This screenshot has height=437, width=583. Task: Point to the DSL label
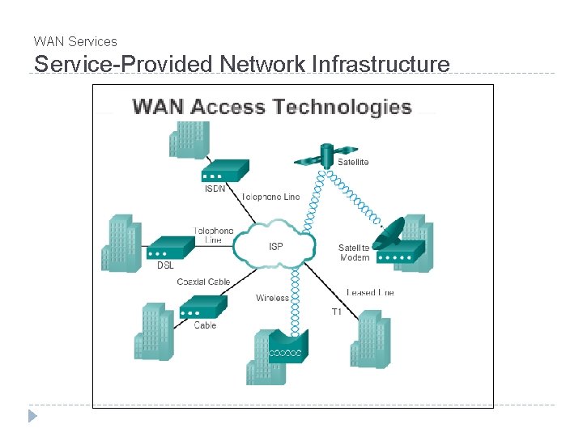pyautogui.click(x=165, y=265)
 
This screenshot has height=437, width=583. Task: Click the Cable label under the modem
pyautogui.click(x=205, y=325)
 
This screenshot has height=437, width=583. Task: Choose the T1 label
pyautogui.click(x=337, y=312)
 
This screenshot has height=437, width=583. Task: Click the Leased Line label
pyautogui.click(x=370, y=292)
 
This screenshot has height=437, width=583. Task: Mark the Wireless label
pyautogui.click(x=272, y=298)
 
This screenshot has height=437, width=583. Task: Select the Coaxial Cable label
pyautogui.click(x=203, y=282)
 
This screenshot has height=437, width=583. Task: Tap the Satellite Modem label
pyautogui.click(x=354, y=252)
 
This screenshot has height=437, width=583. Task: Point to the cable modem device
pyautogui.click(x=202, y=306)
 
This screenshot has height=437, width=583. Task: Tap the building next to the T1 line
pyautogui.click(x=370, y=339)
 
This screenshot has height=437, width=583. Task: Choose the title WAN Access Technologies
pyautogui.click(x=271, y=107)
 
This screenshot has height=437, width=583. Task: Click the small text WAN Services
pyautogui.click(x=75, y=41)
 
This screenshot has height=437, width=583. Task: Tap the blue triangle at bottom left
pyautogui.click(x=32, y=417)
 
